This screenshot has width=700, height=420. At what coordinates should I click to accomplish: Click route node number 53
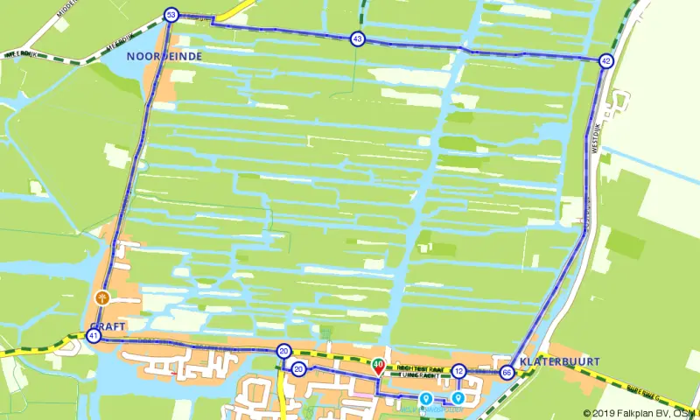coord(171,15)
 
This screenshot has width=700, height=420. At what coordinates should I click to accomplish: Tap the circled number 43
coord(357,38)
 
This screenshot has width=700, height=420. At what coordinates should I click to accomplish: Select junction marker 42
coord(605,61)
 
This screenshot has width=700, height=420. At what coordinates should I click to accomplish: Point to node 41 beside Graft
coord(94,336)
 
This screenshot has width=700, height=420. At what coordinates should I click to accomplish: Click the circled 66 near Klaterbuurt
coord(507,373)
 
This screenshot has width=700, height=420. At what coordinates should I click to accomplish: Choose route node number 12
coord(458,372)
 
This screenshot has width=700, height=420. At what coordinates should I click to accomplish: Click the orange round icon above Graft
coord(102,297)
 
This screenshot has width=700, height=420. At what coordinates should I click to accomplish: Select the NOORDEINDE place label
coord(164,56)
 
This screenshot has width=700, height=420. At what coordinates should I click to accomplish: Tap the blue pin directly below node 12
coord(458,398)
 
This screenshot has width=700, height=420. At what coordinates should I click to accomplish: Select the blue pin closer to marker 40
coord(426,399)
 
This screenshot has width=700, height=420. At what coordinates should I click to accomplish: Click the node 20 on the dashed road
coord(283,352)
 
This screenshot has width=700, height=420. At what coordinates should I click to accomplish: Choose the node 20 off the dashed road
coord(298,368)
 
